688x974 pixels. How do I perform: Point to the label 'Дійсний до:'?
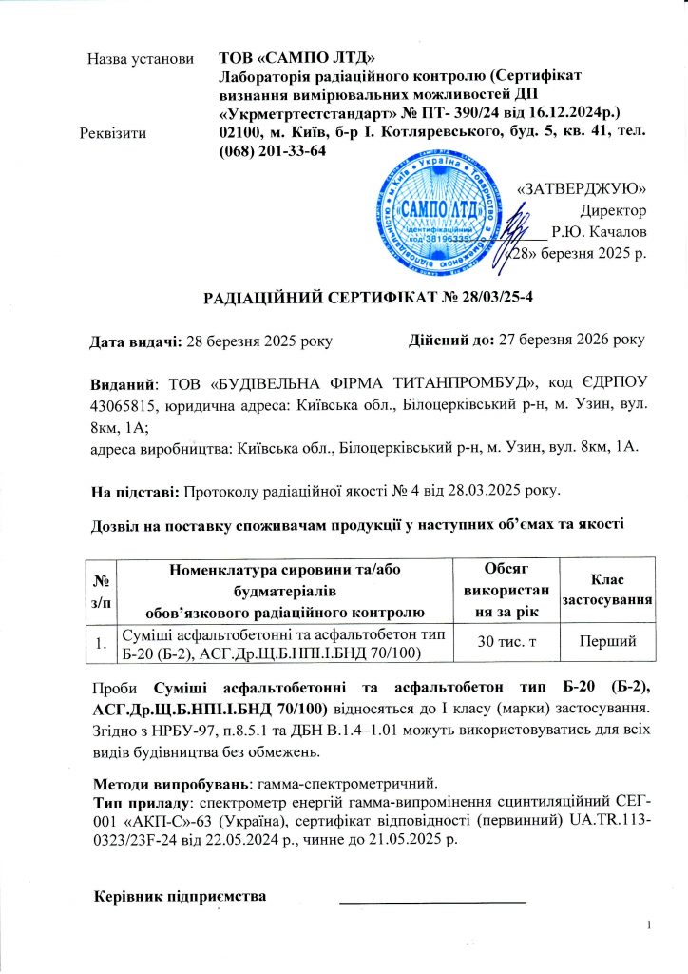447,340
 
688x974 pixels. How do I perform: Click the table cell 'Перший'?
607,646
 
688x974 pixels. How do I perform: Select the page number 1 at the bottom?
647,925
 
